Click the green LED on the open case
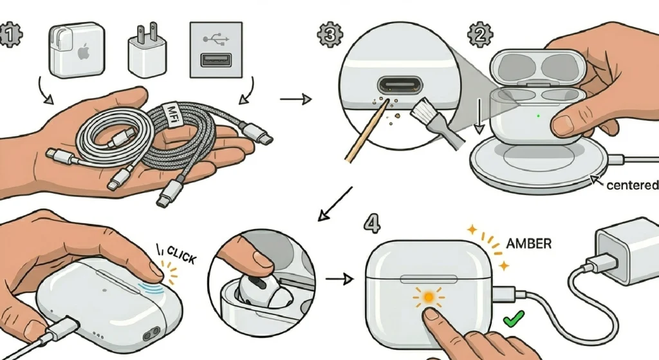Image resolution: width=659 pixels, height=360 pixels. point(537,117)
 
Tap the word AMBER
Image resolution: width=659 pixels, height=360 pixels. point(529,244)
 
